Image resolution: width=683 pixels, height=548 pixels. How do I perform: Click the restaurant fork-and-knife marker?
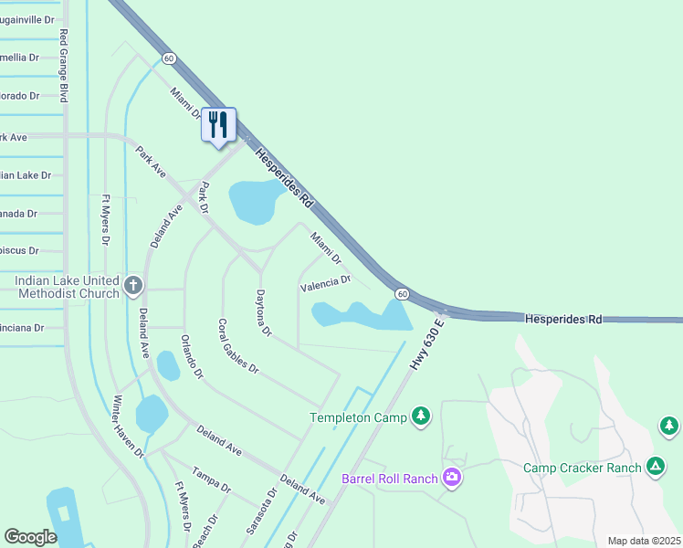[x=217, y=124]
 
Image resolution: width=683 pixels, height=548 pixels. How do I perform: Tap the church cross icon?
[x=132, y=286]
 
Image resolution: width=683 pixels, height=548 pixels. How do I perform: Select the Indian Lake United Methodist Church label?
[x=67, y=286]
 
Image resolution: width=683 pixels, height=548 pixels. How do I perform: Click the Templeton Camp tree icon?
[x=420, y=416]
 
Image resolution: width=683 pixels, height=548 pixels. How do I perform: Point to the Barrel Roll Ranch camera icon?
[x=451, y=478]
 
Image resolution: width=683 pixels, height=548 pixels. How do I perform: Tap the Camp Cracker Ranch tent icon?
[x=655, y=467]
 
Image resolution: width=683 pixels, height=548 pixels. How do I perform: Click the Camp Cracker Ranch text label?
[x=583, y=468]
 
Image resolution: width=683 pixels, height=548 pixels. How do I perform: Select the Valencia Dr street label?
[x=326, y=284]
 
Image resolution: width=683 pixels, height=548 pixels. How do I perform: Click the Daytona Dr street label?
[x=264, y=313]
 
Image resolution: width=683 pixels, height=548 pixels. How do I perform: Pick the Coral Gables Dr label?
[x=238, y=346]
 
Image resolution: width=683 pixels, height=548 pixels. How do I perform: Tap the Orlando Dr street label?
[x=191, y=356]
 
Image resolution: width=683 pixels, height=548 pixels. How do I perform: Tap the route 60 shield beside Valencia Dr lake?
[x=401, y=293]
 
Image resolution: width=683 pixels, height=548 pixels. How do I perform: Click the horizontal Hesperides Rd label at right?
[x=563, y=319]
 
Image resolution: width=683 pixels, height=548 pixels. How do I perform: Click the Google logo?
[x=30, y=537]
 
